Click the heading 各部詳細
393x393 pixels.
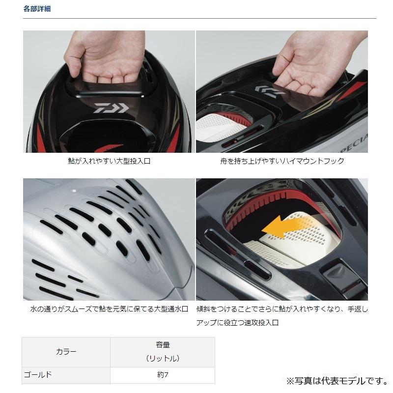(37, 9)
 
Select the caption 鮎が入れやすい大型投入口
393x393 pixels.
(109, 161)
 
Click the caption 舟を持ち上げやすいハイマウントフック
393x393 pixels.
(282, 161)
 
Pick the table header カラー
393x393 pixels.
(66, 352)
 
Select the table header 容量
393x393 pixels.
(162, 345)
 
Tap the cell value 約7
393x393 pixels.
(162, 374)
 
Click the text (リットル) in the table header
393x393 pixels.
(162, 359)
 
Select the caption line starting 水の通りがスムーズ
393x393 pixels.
(109, 309)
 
